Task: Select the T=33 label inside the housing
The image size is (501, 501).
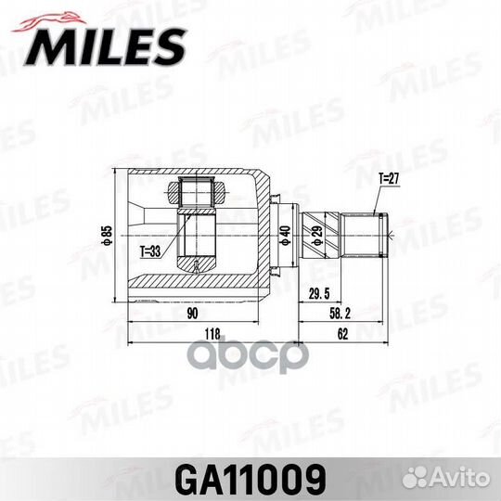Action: coord(150,250)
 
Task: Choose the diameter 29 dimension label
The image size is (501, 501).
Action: coord(315,232)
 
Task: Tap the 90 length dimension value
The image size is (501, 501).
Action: coord(191,313)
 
